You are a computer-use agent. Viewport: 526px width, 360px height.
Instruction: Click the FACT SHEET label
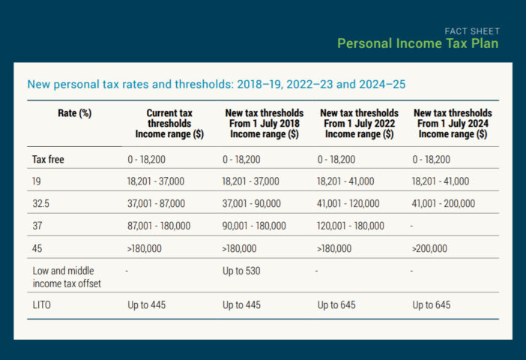click(x=472, y=31)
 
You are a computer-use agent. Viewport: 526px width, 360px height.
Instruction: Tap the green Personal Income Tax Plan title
click(x=418, y=43)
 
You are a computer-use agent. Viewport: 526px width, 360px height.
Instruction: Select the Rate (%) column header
click(x=74, y=113)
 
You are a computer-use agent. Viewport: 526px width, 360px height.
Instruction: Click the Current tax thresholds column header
click(x=169, y=124)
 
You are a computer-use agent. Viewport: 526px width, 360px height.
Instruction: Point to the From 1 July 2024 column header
click(x=453, y=124)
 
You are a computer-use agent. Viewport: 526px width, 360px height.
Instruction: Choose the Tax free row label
click(x=48, y=159)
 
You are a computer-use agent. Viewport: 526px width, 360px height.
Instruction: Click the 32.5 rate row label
click(x=41, y=203)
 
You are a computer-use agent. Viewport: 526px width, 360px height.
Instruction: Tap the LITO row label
click(x=42, y=305)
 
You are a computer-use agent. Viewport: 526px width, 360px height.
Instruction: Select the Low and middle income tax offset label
click(x=67, y=277)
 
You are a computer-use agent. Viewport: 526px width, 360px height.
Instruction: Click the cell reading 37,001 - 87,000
click(x=156, y=203)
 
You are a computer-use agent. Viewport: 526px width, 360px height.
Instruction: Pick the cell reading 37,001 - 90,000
click(x=251, y=203)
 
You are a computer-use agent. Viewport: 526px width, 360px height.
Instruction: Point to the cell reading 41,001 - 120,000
click(x=348, y=203)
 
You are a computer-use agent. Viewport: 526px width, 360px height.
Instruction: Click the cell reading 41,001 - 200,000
click(x=444, y=203)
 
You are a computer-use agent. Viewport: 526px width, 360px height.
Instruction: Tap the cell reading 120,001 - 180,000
click(x=351, y=226)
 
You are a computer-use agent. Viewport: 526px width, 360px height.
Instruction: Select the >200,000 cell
click(x=429, y=248)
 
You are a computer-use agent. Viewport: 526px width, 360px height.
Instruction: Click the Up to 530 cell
click(x=241, y=271)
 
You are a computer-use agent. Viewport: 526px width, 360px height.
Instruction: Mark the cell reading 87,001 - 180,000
click(x=159, y=226)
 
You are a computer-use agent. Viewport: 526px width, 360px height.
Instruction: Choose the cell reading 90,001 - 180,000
click(x=254, y=226)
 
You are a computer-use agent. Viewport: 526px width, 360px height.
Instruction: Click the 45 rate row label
click(x=37, y=248)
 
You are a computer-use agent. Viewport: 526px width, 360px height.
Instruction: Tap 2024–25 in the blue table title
click(x=382, y=84)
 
